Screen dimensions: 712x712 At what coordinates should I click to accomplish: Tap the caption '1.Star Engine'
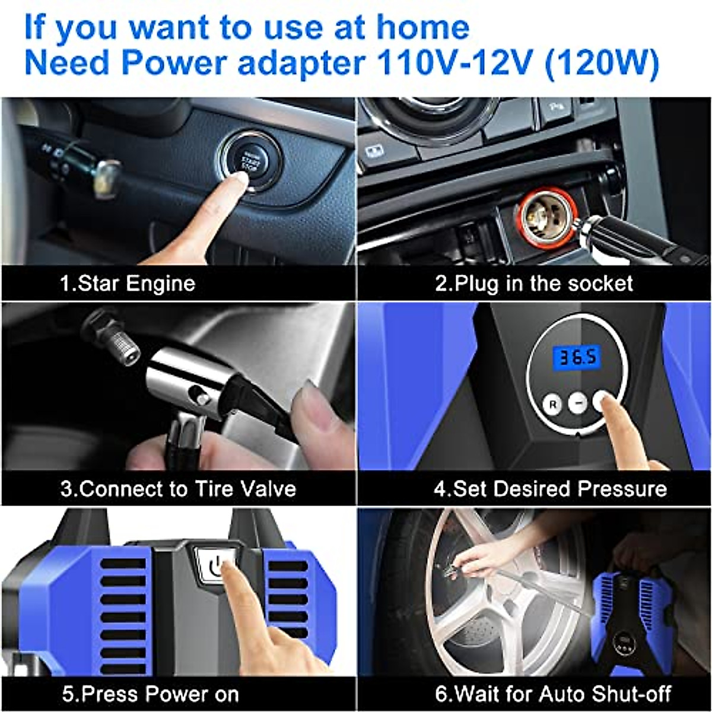click(x=127, y=283)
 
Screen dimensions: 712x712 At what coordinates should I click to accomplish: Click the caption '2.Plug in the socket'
click(x=534, y=283)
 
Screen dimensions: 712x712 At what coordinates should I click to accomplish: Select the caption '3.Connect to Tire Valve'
click(x=178, y=489)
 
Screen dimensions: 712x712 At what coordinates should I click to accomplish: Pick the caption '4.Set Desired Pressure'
click(x=549, y=489)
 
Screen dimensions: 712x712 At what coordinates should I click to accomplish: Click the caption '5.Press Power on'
click(x=151, y=694)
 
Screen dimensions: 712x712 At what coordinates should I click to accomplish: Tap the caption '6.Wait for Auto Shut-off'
click(x=552, y=694)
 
